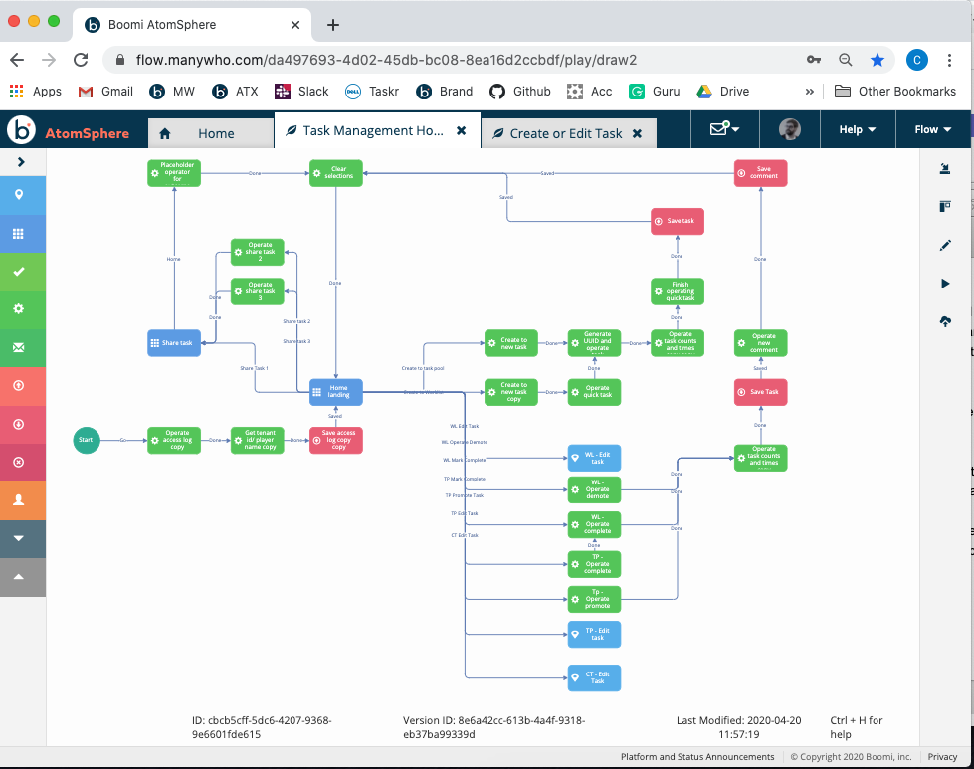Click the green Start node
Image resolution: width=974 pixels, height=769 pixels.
coord(87,440)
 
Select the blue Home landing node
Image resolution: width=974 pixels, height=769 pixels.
coord(336,392)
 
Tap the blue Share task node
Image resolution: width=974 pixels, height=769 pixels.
coord(174,342)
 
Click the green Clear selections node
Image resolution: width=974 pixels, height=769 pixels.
coord(336,172)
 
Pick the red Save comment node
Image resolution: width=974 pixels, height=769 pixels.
coord(761,172)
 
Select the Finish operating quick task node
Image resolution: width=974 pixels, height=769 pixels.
coord(678,291)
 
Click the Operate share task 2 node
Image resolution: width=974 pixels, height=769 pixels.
coord(258,252)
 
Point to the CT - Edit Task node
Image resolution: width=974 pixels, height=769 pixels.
coord(595,677)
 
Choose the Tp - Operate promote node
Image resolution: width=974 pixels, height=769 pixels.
coord(595,599)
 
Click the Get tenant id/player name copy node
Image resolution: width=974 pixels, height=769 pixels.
coord(258,441)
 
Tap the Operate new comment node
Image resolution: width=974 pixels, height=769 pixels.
coord(761,342)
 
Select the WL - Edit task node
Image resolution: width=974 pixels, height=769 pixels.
coord(595,458)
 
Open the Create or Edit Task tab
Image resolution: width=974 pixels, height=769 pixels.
coord(565,133)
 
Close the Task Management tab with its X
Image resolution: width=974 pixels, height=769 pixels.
coord(461,131)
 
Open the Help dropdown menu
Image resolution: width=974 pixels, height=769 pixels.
coord(857,129)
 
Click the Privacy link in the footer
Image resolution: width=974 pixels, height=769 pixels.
coord(942,757)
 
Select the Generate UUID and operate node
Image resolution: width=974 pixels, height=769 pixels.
coord(595,342)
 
